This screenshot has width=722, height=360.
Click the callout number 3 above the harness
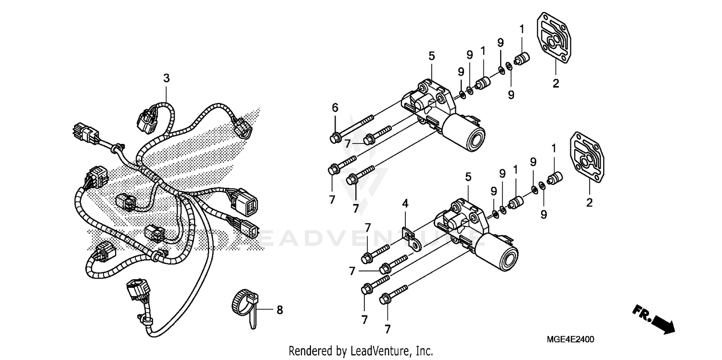point(166,78)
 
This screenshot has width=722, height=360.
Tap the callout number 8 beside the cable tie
point(280,310)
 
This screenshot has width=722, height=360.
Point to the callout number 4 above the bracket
point(405,204)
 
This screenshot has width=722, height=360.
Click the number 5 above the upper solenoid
point(431,56)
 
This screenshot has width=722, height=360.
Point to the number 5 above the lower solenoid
point(468,177)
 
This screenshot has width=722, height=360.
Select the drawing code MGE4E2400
point(570,339)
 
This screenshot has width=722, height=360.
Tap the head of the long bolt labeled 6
point(334,138)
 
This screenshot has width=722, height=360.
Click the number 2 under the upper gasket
point(555,83)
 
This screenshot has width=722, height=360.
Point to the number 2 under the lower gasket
point(589,203)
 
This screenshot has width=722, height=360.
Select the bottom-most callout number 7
point(387,329)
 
